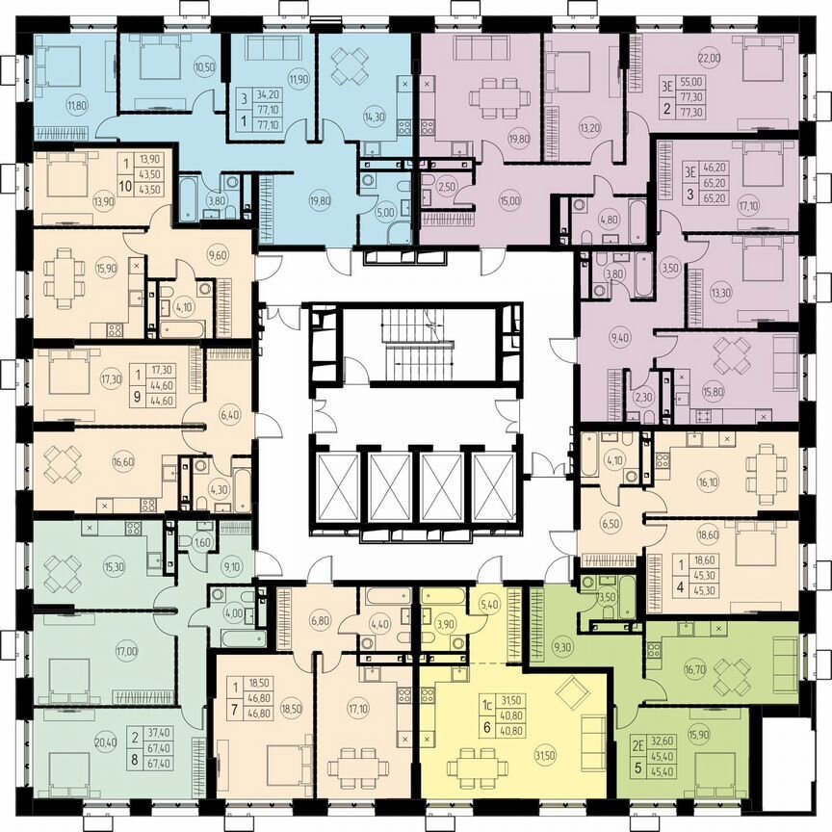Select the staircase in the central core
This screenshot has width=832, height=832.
point(416,348)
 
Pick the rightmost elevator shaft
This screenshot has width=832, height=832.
point(494,487)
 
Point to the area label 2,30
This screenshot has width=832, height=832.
point(641,395)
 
